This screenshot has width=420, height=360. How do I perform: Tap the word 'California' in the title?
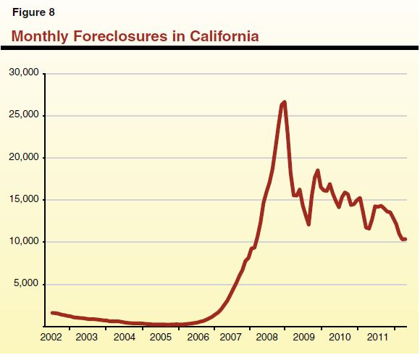click(x=222, y=35)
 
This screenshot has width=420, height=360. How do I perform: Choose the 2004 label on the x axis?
click(x=125, y=338)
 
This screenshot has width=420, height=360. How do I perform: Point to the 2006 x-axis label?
click(x=197, y=338)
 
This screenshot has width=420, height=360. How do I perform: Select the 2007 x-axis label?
click(x=232, y=338)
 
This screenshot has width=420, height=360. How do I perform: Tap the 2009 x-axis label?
click(x=304, y=338)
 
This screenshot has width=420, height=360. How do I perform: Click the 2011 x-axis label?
click(x=377, y=338)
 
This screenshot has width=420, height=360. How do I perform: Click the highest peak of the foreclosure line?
click(x=285, y=102)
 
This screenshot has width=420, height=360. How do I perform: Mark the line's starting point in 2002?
click(x=52, y=313)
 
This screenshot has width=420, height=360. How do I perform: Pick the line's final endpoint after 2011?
click(x=406, y=239)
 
